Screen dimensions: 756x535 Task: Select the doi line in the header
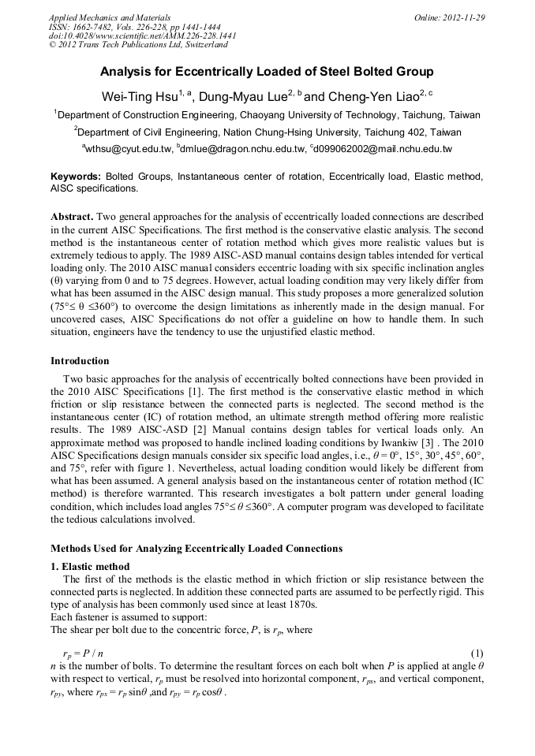(x=142, y=35)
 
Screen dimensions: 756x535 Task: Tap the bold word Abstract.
(x=72, y=216)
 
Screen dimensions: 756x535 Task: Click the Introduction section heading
(x=80, y=361)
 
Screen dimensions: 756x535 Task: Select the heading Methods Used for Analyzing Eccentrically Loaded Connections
(x=196, y=548)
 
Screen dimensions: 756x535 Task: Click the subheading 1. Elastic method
(x=90, y=567)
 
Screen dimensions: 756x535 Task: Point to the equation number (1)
(x=477, y=654)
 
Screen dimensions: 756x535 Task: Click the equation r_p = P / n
(x=83, y=654)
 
